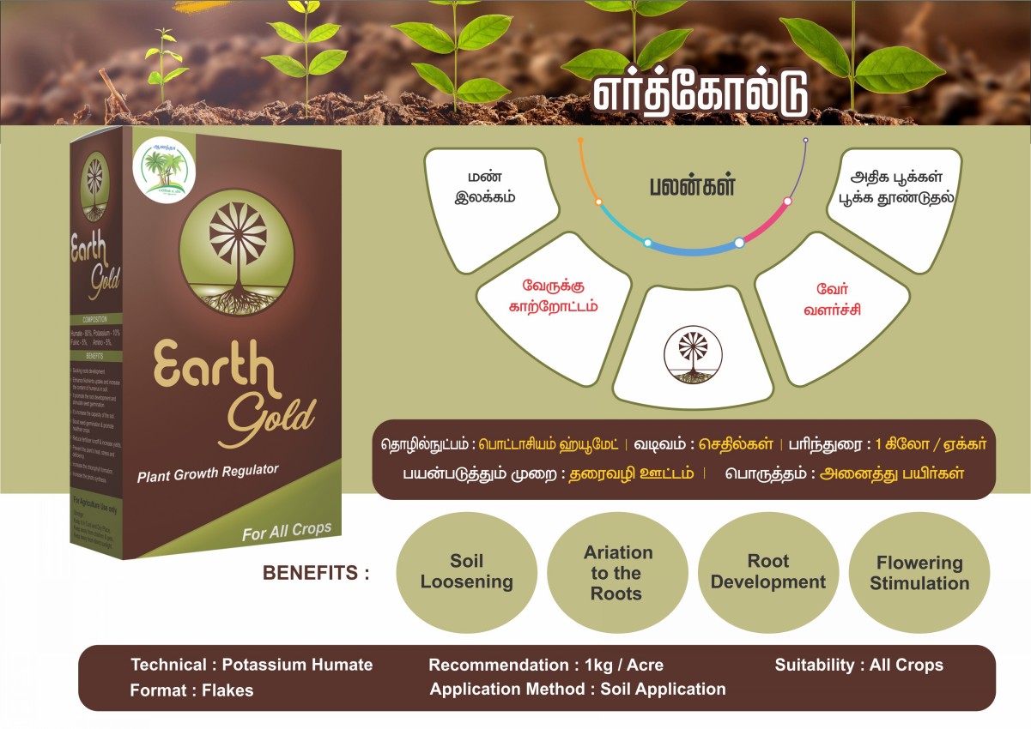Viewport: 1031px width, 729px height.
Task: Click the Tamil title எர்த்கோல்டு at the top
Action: point(700,95)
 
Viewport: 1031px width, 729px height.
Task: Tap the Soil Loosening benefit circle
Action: point(467,572)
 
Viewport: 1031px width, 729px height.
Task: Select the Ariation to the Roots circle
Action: point(616,573)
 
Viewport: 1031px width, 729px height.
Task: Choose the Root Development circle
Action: point(768,572)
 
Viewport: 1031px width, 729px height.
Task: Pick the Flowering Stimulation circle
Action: point(919,573)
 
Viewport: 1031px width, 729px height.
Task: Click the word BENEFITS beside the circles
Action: point(316,573)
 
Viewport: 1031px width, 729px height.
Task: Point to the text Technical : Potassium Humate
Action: point(252,665)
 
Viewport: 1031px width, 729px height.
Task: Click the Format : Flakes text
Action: point(191,690)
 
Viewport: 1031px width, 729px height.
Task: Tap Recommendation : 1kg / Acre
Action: point(546,665)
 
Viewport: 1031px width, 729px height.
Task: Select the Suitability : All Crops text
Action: point(858,665)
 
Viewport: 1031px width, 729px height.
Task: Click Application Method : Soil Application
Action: point(578,689)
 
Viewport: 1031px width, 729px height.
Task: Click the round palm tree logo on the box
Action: point(164,170)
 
